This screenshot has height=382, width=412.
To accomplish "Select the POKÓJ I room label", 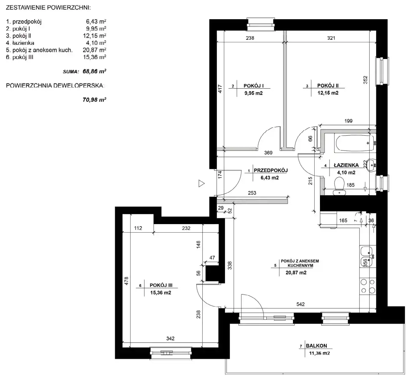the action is [253, 86].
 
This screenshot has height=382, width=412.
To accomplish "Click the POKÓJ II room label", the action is [328, 86].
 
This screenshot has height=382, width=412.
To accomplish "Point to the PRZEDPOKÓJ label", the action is [271, 170].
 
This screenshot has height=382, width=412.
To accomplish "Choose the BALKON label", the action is [316, 346].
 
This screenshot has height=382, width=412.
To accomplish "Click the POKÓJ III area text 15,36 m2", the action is [161, 293].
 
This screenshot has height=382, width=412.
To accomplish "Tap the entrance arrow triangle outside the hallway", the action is [201, 184].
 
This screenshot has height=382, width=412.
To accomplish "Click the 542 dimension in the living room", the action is [300, 304].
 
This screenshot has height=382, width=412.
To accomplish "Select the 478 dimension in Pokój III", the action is [126, 281].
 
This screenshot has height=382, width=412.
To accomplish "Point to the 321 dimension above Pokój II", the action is [331, 38].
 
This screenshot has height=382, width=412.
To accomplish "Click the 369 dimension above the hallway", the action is [268, 153].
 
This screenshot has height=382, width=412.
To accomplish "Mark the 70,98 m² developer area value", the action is [94, 100].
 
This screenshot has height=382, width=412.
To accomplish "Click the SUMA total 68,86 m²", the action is [94, 71].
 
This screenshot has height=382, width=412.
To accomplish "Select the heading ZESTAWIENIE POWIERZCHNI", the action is [48, 7].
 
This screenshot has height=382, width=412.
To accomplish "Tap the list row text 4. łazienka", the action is [20, 43].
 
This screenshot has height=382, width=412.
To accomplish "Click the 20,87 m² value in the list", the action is [94, 50].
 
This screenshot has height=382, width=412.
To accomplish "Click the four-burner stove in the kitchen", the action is [368, 286].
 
